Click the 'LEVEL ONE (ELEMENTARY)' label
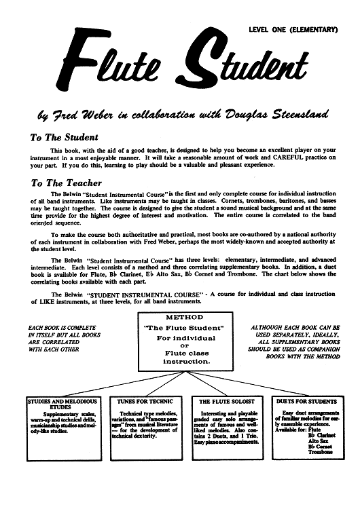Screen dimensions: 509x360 click(x=293, y=30)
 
